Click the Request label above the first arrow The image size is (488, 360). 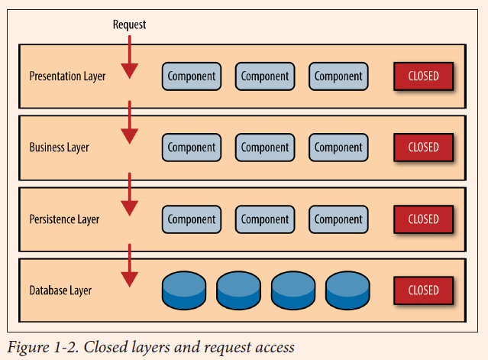coord(129,24)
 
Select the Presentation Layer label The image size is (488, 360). coord(67,76)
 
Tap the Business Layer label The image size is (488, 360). coord(59,148)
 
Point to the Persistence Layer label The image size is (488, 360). coord(64,219)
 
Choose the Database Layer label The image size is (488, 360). coord(60,290)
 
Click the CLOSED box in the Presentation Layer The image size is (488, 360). coord(423,76)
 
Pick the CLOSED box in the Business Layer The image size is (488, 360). coord(423,148)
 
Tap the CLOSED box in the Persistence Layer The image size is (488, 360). coord(423,219)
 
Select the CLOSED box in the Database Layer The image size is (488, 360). coord(423,290)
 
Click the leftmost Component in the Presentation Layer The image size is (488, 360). coord(192,76)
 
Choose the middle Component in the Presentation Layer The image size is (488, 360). coord(265,76)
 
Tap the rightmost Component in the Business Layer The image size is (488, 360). coord(338,148)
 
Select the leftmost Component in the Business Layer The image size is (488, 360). coord(192,148)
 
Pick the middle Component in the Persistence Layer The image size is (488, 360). coord(265,219)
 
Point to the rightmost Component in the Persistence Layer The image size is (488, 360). coord(338,219)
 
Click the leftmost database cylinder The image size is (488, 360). coord(184,290)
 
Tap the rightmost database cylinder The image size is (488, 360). coord(347,290)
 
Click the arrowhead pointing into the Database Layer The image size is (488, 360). coord(130,279)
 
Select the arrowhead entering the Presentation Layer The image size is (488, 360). coord(130,71)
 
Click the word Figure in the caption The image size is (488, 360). coord(28,348)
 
